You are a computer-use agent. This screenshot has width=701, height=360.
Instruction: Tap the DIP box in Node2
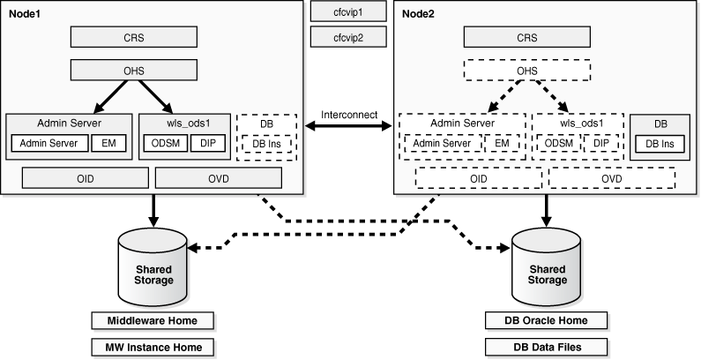click(x=600, y=143)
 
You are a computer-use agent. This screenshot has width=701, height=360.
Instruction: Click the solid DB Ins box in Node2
click(x=660, y=144)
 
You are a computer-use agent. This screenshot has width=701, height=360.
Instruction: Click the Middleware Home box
click(x=153, y=320)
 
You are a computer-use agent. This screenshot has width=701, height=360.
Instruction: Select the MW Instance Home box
click(x=153, y=346)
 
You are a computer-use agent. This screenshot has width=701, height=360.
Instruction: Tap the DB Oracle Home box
click(x=547, y=320)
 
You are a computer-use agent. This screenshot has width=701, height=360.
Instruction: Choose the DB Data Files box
click(x=547, y=346)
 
